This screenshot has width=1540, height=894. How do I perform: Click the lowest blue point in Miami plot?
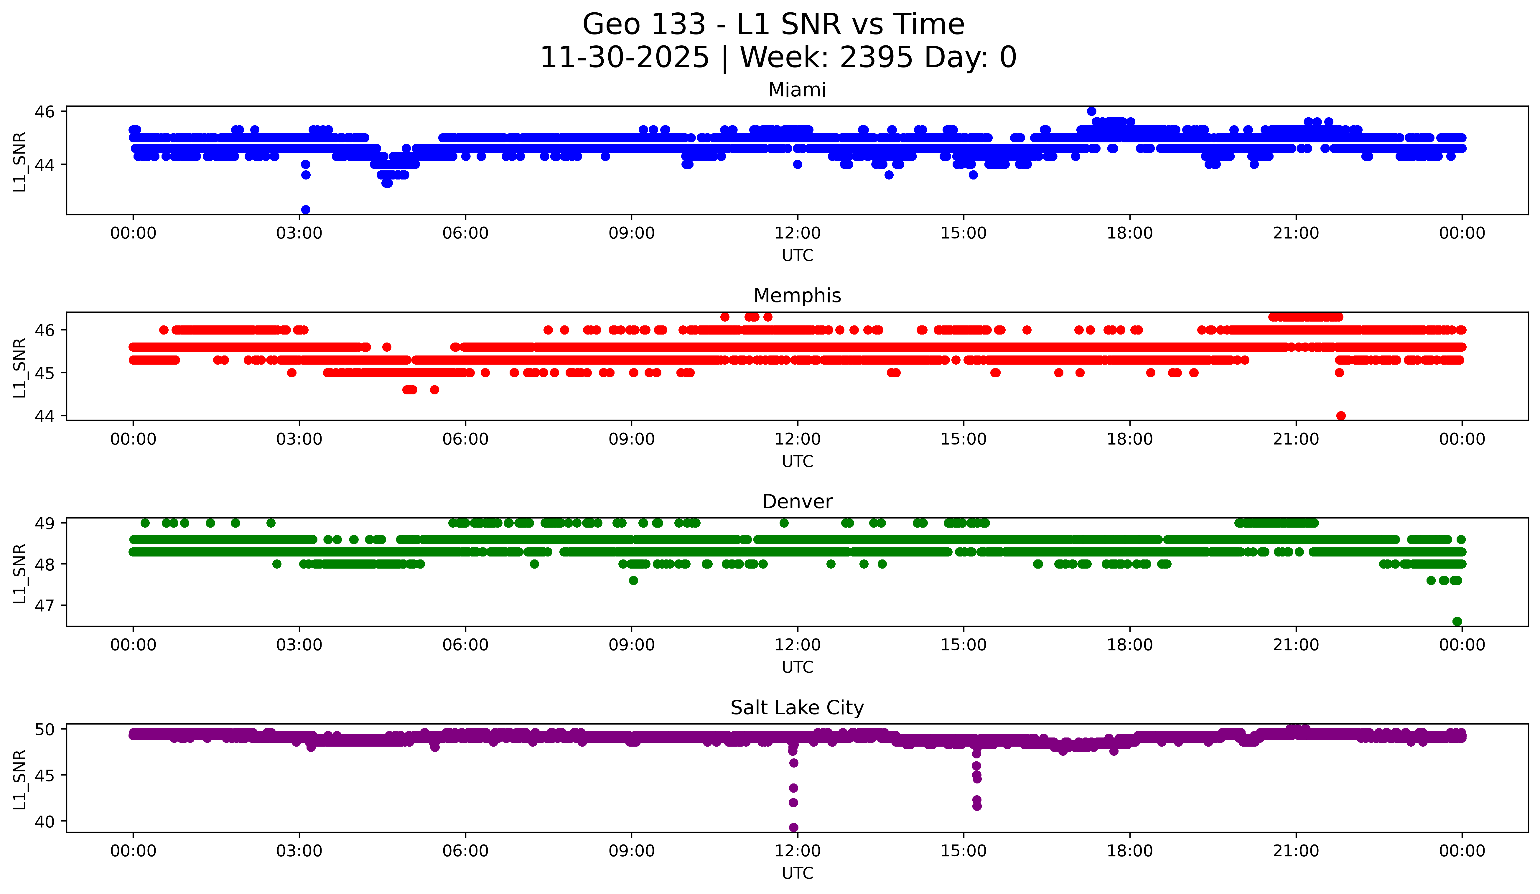(306, 210)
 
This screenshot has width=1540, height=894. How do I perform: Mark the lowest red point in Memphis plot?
(1341, 416)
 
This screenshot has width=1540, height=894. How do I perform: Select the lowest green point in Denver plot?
(1457, 621)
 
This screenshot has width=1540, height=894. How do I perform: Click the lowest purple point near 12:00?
(793, 827)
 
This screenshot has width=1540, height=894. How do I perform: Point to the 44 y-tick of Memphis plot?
(45, 416)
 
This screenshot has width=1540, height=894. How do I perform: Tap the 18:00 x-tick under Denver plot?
(1129, 645)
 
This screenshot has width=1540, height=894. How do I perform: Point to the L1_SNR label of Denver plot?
(19, 573)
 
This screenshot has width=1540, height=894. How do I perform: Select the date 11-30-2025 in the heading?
(625, 57)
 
